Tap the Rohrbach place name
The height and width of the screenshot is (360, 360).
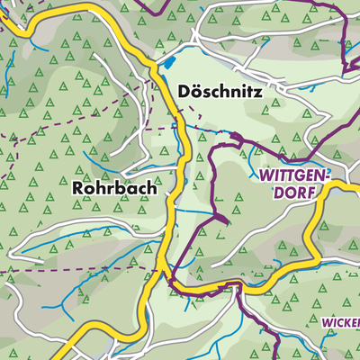coord(114,190)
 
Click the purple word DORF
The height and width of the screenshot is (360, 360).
coord(288,192)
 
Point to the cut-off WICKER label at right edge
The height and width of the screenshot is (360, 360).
coord(340,321)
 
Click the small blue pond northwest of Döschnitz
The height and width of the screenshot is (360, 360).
coord(167,63)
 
